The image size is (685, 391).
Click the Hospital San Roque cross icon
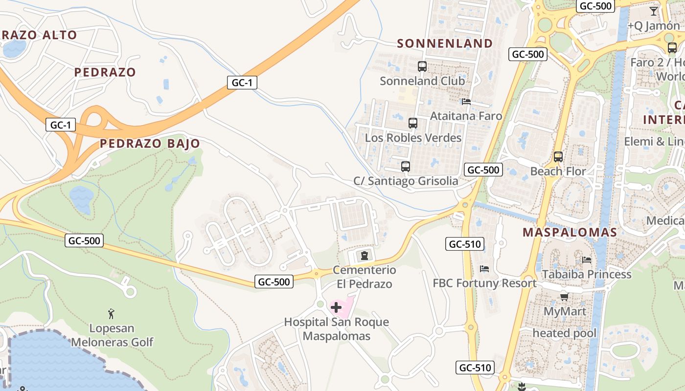[x=336, y=307]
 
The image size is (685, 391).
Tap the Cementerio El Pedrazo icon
[x=364, y=255]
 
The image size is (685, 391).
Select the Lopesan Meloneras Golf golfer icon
[x=111, y=313]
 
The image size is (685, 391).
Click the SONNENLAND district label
[x=445, y=43]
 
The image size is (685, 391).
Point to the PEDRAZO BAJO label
[x=150, y=144]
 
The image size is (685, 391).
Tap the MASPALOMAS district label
[x=570, y=233]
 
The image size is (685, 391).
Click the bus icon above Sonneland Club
[x=422, y=66]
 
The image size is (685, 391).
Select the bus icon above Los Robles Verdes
[x=412, y=123]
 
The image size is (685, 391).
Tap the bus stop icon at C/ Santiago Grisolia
[x=405, y=167]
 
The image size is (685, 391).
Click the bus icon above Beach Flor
[x=558, y=157]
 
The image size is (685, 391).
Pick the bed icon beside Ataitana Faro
[x=466, y=102]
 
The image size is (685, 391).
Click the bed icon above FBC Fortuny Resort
[x=484, y=268]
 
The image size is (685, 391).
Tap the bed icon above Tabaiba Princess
[x=586, y=260]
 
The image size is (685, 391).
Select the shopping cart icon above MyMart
[x=564, y=296]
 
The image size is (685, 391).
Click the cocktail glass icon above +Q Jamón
[x=653, y=11]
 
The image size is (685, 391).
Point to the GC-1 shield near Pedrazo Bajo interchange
[x=61, y=125]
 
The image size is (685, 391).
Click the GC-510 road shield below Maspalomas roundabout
[x=464, y=244]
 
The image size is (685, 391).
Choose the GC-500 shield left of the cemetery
[x=274, y=282]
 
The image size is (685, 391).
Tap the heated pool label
[x=564, y=333]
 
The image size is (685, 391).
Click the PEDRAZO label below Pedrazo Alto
[x=105, y=72]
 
